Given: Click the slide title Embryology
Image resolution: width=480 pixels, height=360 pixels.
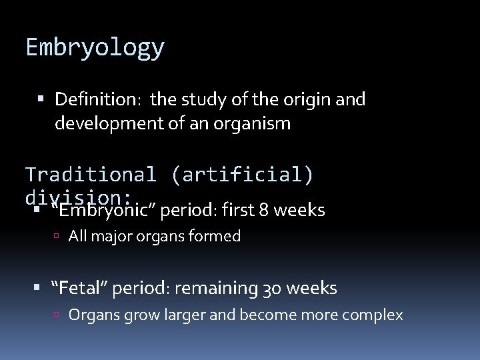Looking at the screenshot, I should [95, 48].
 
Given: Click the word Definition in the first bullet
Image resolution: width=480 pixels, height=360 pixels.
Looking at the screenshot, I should [96, 100].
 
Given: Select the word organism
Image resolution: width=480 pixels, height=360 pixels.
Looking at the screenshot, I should [252, 124].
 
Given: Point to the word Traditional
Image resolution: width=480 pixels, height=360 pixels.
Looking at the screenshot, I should [90, 175].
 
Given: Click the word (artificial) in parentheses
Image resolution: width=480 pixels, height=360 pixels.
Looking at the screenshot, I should [241, 175].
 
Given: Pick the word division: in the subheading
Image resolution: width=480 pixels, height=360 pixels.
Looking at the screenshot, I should [78, 197].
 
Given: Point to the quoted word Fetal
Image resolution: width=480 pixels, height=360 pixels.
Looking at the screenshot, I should [81, 289].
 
